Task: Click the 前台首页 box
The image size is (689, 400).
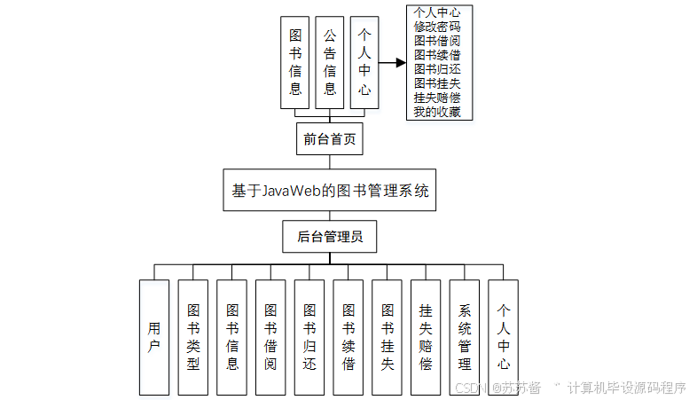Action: click(x=329, y=139)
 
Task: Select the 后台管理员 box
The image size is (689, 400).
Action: click(x=329, y=237)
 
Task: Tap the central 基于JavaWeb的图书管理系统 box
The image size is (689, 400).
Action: click(x=329, y=190)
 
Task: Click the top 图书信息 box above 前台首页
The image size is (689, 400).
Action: click(x=295, y=62)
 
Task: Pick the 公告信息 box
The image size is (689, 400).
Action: click(x=330, y=62)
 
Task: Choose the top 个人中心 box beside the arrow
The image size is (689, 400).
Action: click(x=364, y=62)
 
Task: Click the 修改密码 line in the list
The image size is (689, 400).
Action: click(x=436, y=27)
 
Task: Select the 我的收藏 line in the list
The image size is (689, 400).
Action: click(x=436, y=112)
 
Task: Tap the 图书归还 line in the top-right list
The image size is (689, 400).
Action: click(x=436, y=69)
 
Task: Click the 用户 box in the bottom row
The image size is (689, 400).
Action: click(x=154, y=337)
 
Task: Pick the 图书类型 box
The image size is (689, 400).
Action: click(x=193, y=337)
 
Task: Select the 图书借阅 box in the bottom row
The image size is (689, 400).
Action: click(x=270, y=337)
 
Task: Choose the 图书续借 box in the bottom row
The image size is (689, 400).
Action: click(x=348, y=337)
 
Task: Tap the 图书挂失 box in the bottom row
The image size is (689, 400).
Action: click(x=387, y=337)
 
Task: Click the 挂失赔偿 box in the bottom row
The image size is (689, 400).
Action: click(x=426, y=337)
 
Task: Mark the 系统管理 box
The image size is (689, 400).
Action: click(x=465, y=337)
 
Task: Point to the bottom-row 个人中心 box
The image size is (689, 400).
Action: click(x=504, y=337)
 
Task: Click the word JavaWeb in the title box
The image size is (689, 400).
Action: click(x=288, y=191)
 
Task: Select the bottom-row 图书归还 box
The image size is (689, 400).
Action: click(x=309, y=337)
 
